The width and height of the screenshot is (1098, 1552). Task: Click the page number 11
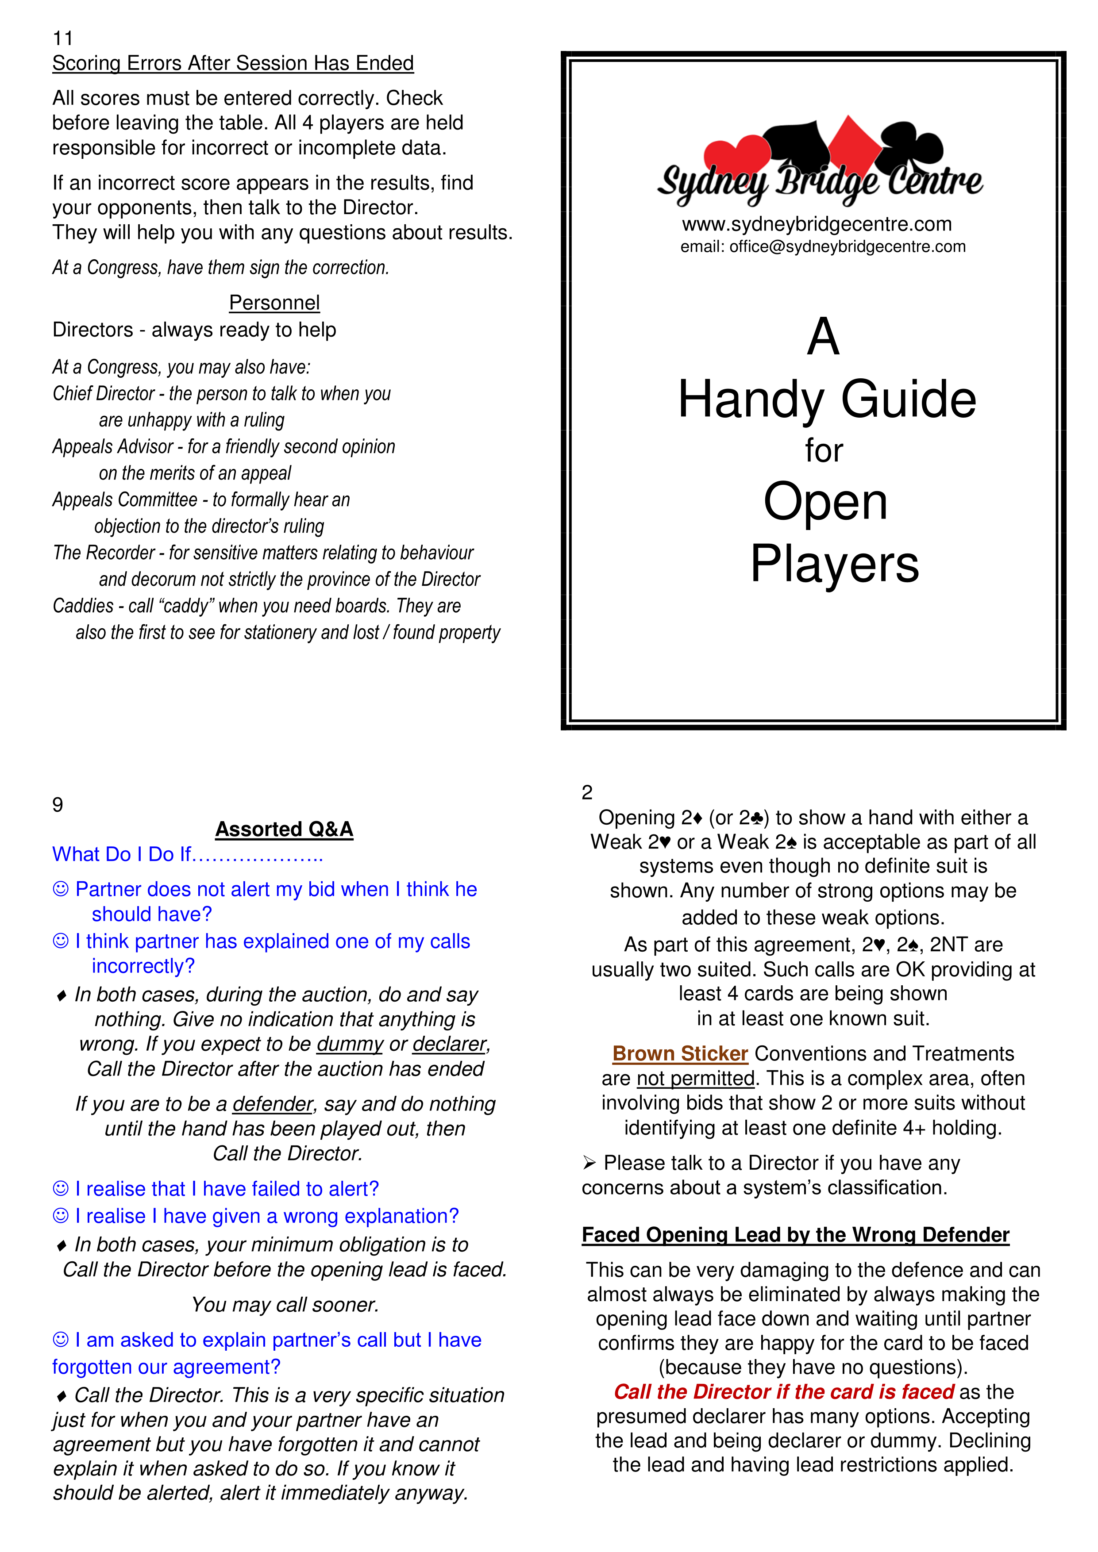[62, 38]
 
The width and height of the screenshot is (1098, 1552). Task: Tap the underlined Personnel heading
[274, 303]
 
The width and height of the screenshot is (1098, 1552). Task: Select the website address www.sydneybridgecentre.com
[816, 224]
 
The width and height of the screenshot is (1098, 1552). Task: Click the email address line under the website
[823, 247]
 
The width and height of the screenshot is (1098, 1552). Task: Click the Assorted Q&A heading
[284, 830]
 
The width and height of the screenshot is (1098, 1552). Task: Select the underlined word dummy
[350, 1045]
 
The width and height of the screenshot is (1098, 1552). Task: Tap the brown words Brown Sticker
[679, 1054]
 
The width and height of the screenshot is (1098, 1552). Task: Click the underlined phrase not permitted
[695, 1079]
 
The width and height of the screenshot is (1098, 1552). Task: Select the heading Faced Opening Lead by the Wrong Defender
[795, 1235]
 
